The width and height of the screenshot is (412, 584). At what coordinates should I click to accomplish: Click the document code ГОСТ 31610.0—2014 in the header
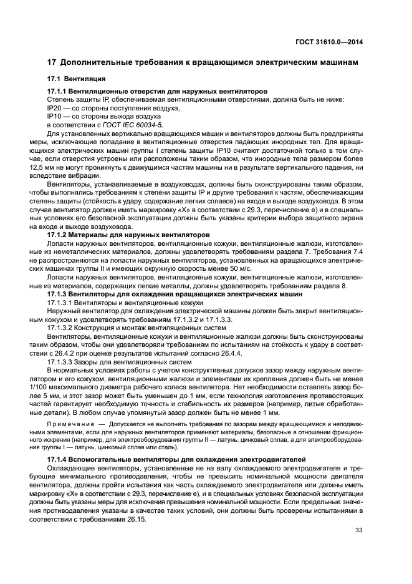(x=330, y=41)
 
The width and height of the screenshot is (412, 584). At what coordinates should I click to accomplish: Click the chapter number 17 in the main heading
(x=52, y=62)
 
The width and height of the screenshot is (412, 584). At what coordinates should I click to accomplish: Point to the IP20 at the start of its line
(x=55, y=108)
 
